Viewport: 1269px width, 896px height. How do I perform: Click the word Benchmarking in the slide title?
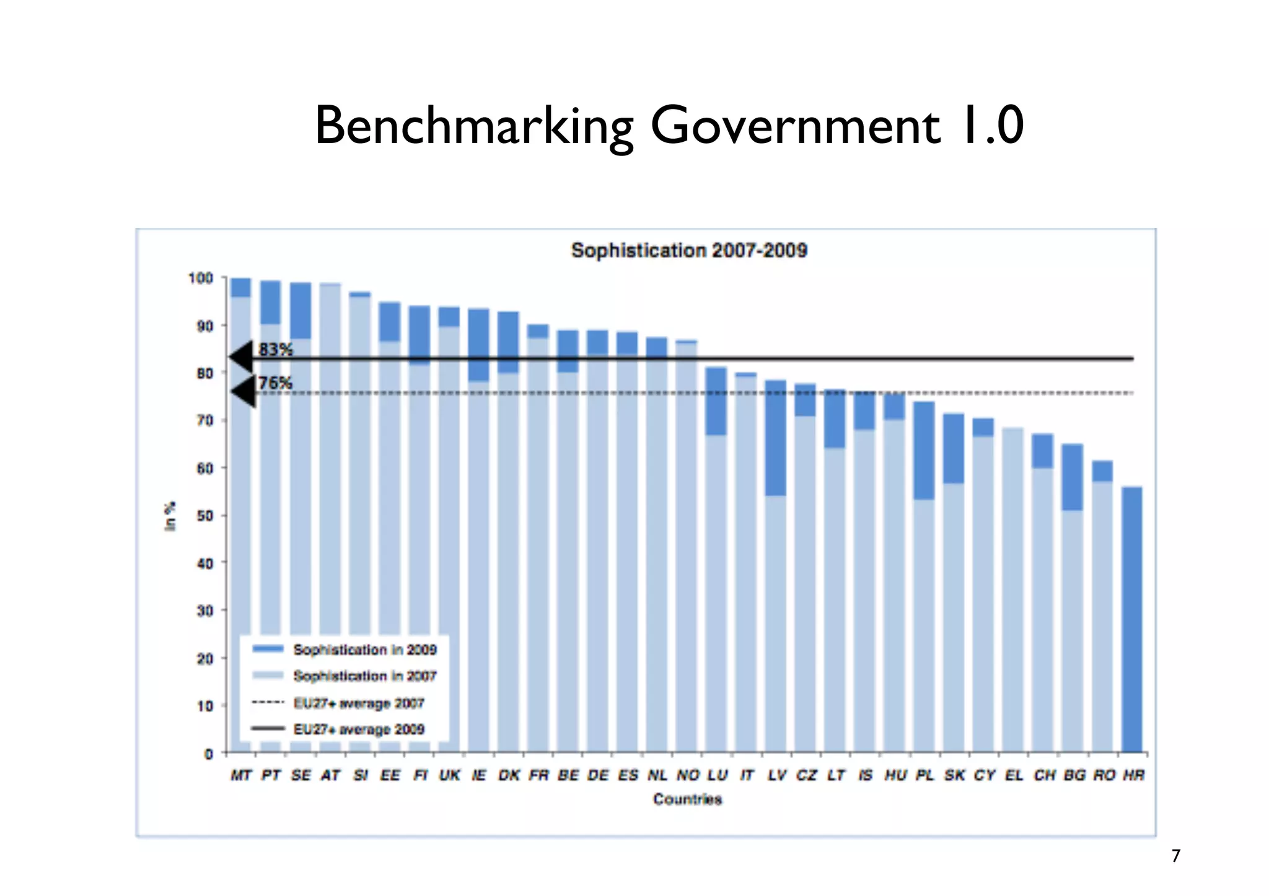pos(474,126)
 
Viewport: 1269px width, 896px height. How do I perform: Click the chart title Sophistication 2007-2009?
pos(688,251)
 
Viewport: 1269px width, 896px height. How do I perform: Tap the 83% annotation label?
pos(275,349)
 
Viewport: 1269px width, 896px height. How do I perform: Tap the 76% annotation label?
pos(275,383)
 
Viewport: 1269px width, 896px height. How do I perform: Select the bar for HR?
pos(1132,619)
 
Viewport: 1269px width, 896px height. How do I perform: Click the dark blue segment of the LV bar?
pos(776,438)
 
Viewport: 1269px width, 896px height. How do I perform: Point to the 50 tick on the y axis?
pos(204,516)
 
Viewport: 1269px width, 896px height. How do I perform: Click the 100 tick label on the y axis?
pos(201,278)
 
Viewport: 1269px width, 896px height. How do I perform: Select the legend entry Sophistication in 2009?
pos(364,650)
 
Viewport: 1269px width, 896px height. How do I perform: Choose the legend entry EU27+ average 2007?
pos(358,703)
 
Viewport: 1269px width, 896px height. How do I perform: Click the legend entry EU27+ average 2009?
pos(358,729)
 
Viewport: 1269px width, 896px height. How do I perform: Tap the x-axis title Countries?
pos(687,799)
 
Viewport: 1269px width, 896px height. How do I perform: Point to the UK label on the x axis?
pos(449,775)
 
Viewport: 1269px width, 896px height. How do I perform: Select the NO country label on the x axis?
pos(687,775)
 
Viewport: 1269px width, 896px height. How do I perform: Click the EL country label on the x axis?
pos(1014,775)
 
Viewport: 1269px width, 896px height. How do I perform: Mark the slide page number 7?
pos(1175,856)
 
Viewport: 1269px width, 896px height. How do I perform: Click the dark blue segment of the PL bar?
pos(924,450)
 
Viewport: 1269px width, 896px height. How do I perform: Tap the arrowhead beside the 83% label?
pos(242,357)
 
